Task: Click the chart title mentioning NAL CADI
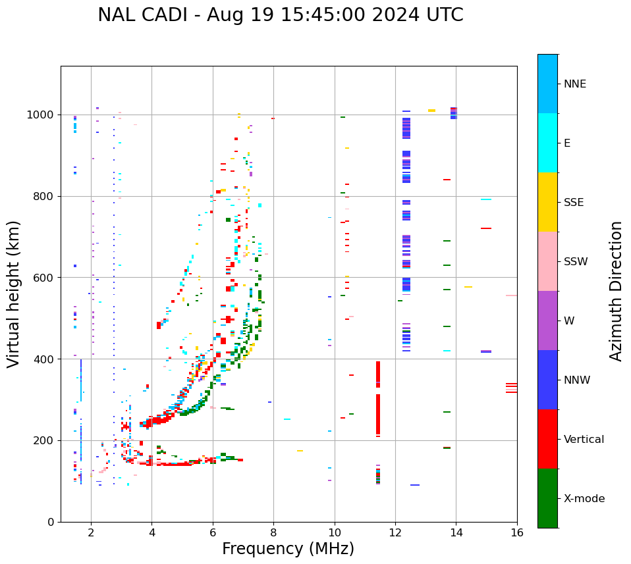(x=280, y=15)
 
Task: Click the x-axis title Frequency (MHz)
(x=288, y=549)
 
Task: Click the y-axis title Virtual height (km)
(x=14, y=294)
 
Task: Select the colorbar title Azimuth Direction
(x=616, y=291)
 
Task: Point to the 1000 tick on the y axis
(x=41, y=115)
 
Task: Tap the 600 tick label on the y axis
(x=44, y=278)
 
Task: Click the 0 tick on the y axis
(x=50, y=522)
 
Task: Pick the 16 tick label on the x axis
(x=517, y=532)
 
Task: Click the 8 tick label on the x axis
(x=273, y=532)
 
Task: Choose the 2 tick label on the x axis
(x=91, y=532)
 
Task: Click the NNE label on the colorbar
(x=575, y=84)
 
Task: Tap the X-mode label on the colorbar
(x=584, y=499)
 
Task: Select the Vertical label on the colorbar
(x=584, y=440)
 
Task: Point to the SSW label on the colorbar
(x=576, y=262)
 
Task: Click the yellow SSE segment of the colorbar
(x=547, y=202)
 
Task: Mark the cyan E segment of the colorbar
(x=547, y=143)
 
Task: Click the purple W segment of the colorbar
(x=547, y=320)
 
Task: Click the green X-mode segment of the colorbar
(x=547, y=498)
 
